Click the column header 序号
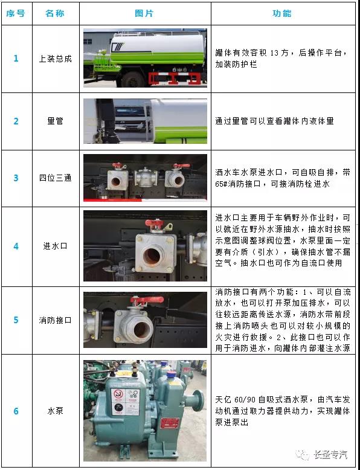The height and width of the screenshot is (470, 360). point(16,13)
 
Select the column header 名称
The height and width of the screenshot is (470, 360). point(54,13)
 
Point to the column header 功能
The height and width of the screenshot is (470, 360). point(282,13)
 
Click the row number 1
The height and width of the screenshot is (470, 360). point(16,59)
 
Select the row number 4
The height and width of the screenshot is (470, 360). point(16,246)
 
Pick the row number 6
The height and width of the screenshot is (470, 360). point(16,411)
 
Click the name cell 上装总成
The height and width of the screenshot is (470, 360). point(54,59)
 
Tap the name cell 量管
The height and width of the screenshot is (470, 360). point(54,121)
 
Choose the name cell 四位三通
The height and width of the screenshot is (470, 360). point(54,178)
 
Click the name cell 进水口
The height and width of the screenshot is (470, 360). point(54,246)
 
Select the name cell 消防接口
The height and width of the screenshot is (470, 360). point(54,320)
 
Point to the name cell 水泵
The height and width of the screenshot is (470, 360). point(54,411)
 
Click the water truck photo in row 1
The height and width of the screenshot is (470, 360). point(145,58)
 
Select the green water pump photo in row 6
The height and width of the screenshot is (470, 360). point(145,411)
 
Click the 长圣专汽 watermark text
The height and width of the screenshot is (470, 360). point(333,455)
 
